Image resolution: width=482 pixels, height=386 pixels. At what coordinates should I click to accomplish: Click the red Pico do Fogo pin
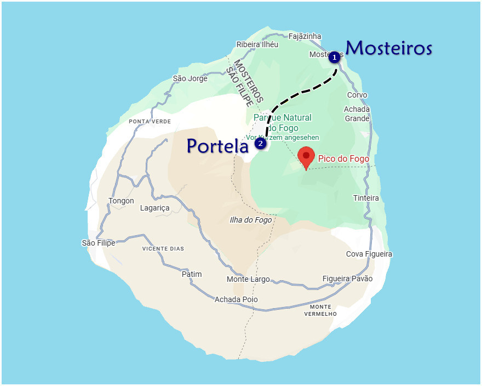pos(306,156)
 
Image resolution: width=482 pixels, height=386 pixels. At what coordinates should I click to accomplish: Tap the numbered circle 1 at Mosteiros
pos(334,56)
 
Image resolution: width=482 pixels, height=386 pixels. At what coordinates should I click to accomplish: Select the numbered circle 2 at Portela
pos(260,144)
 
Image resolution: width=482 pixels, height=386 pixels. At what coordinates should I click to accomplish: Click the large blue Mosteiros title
pos(389,48)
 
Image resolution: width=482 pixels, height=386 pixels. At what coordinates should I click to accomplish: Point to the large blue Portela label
pos(217,145)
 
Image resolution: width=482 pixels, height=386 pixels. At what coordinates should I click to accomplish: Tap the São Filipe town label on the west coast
pos(99,243)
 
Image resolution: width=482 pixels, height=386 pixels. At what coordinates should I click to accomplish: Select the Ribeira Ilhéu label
pos(257,44)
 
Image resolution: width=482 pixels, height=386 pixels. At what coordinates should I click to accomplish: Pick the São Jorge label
pos(190,78)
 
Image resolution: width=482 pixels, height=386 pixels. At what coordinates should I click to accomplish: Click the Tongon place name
pos(121,201)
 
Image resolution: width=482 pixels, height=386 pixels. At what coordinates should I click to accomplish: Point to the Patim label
pos(192,274)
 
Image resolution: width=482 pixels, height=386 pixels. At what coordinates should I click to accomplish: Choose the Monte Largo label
pos(248,279)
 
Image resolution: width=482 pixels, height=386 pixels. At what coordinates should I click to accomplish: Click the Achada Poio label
pos(236,299)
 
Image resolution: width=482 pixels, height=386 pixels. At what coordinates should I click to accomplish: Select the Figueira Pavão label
pos(347,279)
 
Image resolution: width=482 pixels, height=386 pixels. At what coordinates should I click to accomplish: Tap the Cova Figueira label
pos(369,254)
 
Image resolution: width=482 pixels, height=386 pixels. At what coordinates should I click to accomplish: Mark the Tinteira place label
pos(366,198)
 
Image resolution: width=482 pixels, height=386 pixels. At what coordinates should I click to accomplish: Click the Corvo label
pos(357,95)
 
